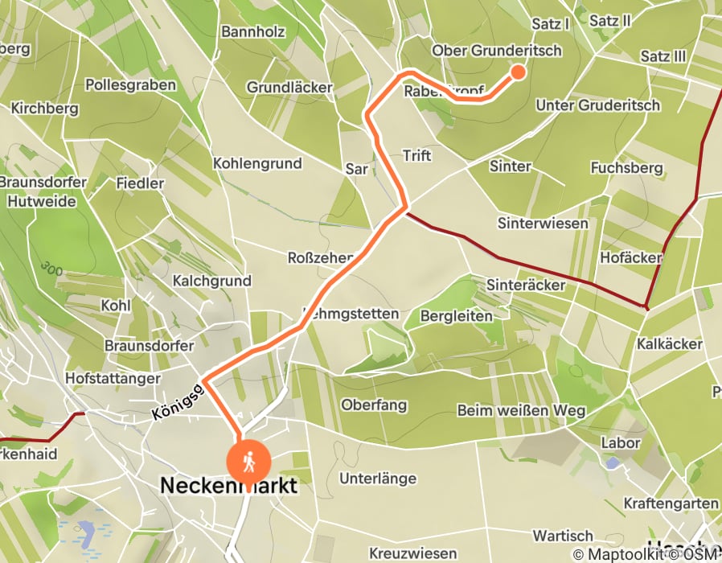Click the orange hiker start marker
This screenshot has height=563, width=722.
click(x=248, y=462)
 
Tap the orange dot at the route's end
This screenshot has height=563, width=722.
click(x=518, y=72)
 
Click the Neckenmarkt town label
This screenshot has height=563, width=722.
click(x=229, y=486)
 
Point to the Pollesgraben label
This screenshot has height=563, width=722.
click(x=130, y=84)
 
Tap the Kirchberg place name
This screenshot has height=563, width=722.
click(x=44, y=108)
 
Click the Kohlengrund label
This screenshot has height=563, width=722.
click(x=257, y=163)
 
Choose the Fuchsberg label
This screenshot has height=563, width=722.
click(x=626, y=168)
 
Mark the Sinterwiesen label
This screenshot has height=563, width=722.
click(x=543, y=223)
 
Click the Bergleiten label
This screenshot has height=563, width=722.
click(x=457, y=316)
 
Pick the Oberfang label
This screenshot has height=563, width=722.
click(x=374, y=405)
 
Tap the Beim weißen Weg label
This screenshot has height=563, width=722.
click(x=521, y=410)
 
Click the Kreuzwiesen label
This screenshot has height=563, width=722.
click(x=413, y=553)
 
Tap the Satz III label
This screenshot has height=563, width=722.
click(x=663, y=56)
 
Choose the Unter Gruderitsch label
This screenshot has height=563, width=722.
click(x=597, y=105)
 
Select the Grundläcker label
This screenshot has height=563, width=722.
click(x=288, y=87)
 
